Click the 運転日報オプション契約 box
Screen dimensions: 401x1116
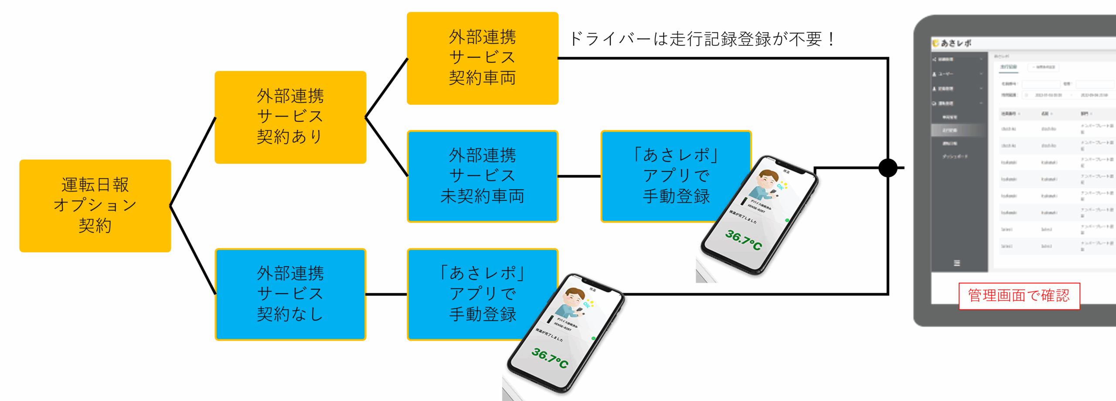tap(95, 206)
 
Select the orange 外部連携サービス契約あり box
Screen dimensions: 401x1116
tap(290, 117)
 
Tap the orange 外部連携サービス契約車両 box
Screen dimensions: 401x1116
tap(482, 58)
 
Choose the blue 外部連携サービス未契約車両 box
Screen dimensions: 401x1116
tap(482, 176)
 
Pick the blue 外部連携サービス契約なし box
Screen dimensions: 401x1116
tap(290, 294)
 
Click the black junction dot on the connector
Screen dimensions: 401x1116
tap(888, 168)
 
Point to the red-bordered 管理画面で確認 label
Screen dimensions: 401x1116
tap(1019, 296)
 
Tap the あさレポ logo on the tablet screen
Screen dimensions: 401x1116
tap(952, 43)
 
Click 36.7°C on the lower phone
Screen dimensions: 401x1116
tap(550, 358)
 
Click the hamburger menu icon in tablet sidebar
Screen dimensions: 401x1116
tap(957, 263)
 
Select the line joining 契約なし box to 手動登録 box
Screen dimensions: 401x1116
tap(386, 295)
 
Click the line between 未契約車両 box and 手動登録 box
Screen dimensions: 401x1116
tap(579, 176)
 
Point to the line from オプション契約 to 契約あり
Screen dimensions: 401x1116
tap(193, 161)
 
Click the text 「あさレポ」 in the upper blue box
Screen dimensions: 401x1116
tap(676, 155)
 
